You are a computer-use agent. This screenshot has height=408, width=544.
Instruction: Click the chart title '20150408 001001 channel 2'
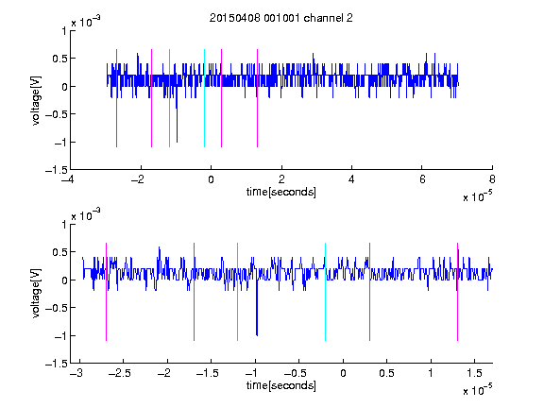[281, 18]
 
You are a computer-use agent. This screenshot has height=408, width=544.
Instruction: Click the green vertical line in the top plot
[169, 98]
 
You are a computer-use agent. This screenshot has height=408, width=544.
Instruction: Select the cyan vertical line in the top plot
[204, 98]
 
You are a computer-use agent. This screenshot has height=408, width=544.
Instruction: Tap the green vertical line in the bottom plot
[237, 292]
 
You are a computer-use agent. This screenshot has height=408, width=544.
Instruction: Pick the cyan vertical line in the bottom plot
[325, 292]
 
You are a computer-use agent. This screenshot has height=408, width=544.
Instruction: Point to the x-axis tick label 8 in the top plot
[492, 179]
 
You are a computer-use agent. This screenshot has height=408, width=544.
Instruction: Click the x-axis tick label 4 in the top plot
[351, 179]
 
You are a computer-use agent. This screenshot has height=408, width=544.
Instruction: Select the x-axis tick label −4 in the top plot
[69, 179]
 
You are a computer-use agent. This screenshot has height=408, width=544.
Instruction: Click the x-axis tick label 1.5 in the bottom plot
[474, 373]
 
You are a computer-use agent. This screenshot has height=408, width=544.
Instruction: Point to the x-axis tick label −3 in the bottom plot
[76, 373]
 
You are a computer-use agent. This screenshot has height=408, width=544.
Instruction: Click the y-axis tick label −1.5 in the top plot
[57, 170]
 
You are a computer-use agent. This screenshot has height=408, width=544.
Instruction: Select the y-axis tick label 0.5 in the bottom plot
[59, 252]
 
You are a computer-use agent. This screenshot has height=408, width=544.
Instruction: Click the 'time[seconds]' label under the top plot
[281, 192]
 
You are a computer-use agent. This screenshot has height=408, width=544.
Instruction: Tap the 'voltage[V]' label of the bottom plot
[36, 293]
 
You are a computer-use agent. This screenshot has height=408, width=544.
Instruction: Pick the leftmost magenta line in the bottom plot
[106, 292]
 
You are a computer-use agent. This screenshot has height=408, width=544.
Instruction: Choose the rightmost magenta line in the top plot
[257, 98]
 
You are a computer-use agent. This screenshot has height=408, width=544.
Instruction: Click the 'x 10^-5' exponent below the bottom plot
[478, 390]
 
